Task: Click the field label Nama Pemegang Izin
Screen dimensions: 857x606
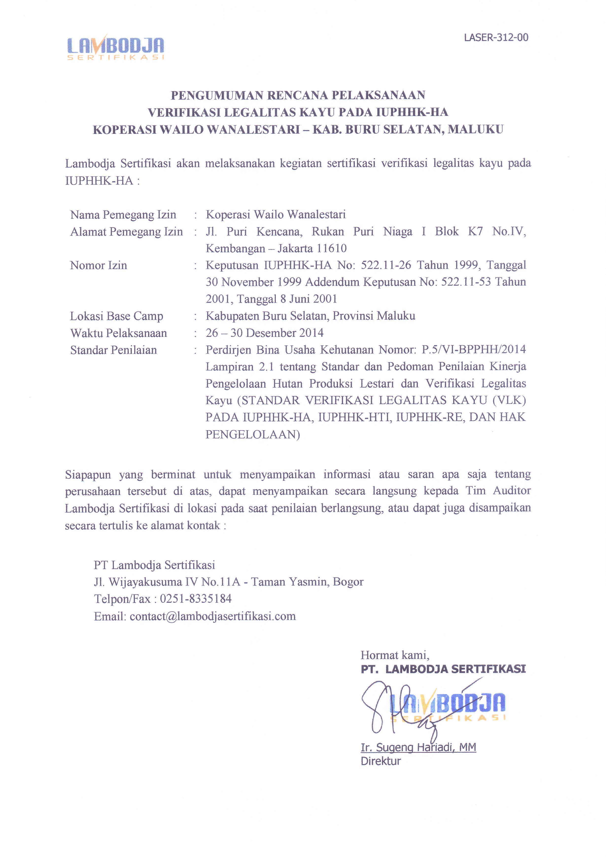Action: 123,215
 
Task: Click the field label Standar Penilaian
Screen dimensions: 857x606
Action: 114,350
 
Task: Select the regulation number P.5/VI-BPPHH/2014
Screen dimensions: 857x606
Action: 473,349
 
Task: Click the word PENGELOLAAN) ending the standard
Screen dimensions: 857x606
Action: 253,434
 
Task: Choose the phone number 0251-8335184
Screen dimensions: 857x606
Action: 196,599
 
